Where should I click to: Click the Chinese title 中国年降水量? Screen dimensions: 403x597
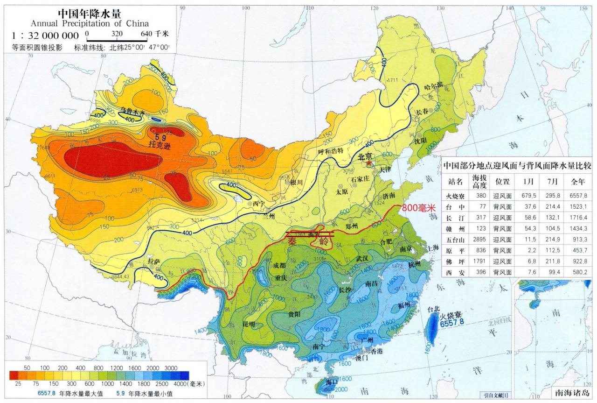click(90, 13)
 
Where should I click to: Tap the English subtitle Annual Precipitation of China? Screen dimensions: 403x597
click(90, 23)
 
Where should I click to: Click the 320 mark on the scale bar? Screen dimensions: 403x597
click(117, 34)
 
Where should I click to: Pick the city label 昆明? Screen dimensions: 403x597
click(249, 324)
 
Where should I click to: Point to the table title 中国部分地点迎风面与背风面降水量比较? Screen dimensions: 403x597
click(517, 165)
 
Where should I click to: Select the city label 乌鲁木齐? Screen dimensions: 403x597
click(133, 112)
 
